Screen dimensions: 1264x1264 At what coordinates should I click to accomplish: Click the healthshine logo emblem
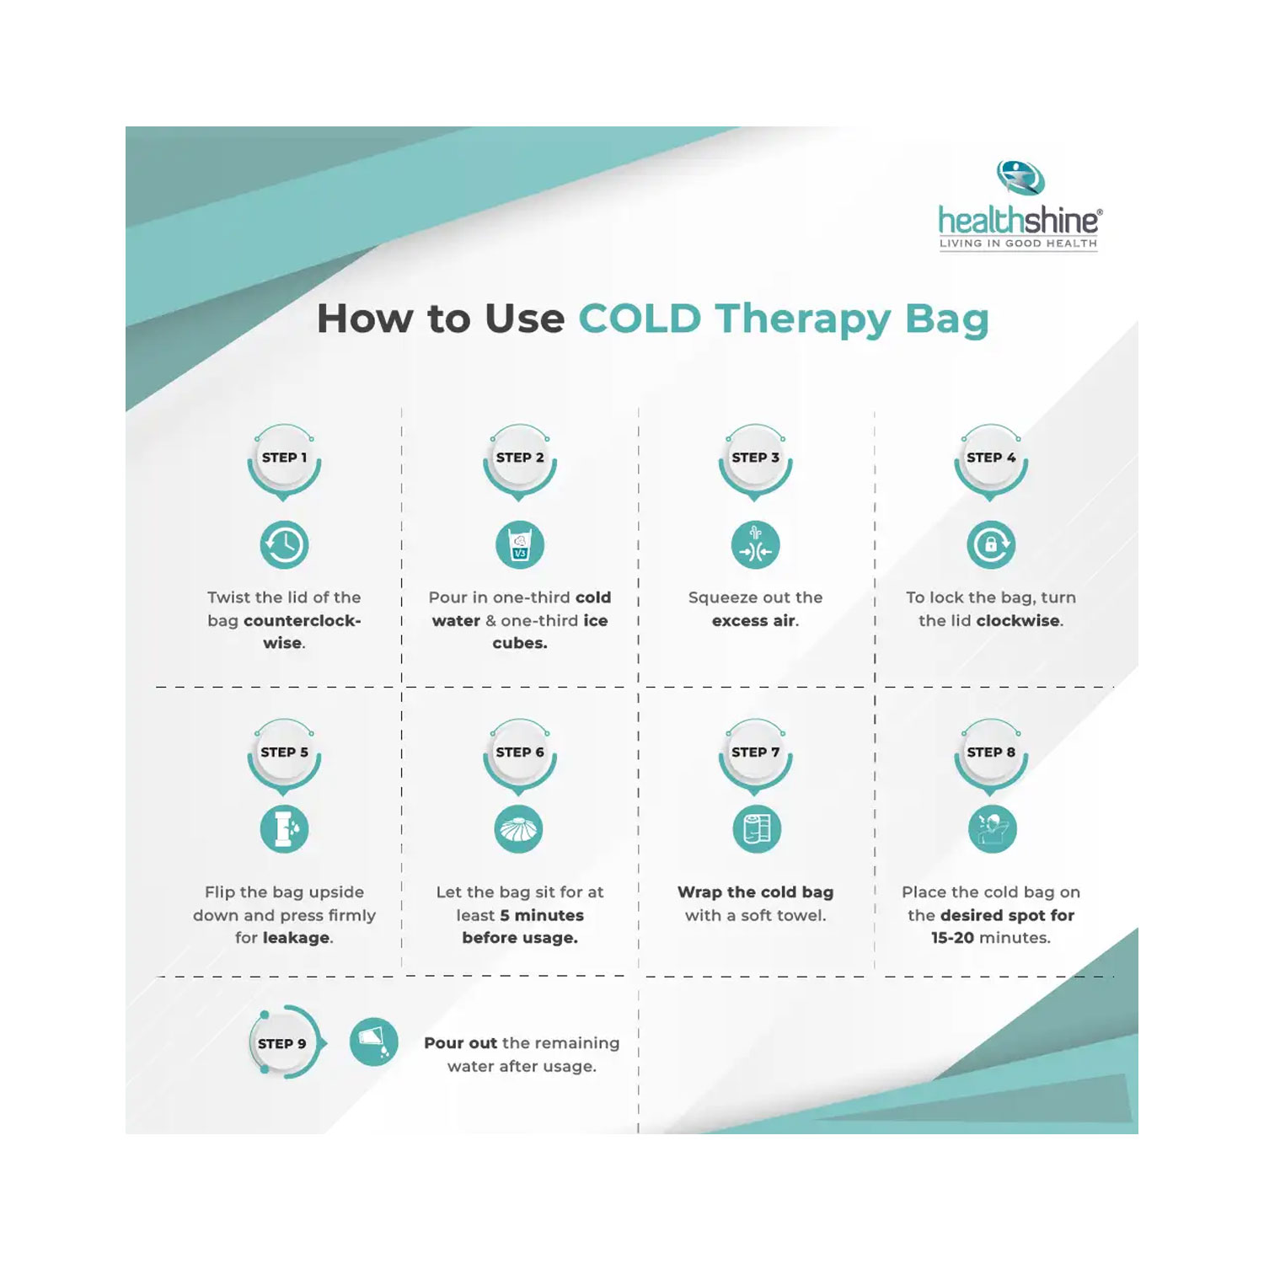click(1020, 178)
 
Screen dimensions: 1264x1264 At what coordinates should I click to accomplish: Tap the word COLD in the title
click(640, 319)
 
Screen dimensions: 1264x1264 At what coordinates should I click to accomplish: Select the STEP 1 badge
click(284, 458)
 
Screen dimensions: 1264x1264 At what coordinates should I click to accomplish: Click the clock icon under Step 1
click(284, 545)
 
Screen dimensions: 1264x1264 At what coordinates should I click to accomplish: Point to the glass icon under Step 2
click(520, 545)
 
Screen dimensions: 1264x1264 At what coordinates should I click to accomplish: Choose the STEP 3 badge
click(755, 458)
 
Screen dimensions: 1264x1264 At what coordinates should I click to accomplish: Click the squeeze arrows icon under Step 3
click(755, 545)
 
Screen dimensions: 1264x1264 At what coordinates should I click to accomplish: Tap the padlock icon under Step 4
click(991, 545)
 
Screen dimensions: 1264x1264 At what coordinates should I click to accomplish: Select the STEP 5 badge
click(284, 753)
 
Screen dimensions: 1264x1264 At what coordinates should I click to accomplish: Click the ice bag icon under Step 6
click(519, 830)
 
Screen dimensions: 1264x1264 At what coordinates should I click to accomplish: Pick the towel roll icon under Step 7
click(756, 830)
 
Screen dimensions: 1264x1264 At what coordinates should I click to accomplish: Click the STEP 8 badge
click(991, 753)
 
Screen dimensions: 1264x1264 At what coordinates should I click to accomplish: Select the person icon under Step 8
click(992, 830)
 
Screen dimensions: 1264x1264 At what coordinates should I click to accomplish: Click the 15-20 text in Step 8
click(952, 938)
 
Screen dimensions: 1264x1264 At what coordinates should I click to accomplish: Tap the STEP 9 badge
click(282, 1044)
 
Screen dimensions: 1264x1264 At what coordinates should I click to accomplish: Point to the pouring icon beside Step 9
click(373, 1042)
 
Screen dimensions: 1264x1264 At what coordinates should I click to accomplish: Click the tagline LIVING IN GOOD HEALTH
click(1018, 244)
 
